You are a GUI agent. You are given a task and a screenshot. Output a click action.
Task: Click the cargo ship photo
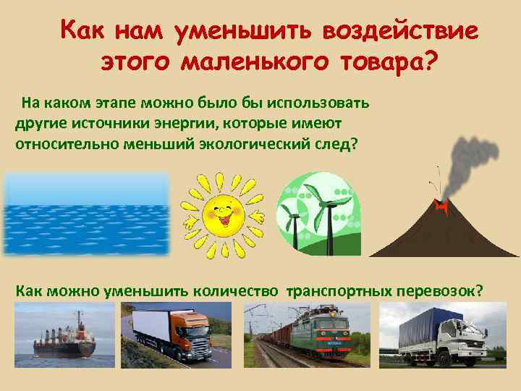64,333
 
